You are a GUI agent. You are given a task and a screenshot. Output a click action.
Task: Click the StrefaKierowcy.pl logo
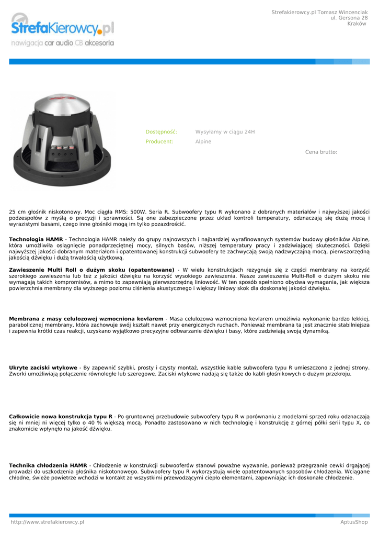(x=62, y=27)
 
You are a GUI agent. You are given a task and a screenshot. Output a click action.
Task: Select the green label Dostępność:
(x=161, y=132)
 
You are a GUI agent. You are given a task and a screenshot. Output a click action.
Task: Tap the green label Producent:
(x=159, y=141)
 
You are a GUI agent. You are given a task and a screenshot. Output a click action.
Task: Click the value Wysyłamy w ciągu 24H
(x=225, y=132)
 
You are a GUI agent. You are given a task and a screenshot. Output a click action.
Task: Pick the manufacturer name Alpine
(x=203, y=141)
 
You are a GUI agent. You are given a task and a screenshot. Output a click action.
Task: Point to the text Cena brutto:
(x=321, y=152)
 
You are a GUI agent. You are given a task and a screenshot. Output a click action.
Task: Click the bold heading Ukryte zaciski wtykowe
(x=43, y=367)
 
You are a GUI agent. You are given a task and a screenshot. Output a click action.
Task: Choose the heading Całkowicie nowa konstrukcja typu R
(x=61, y=416)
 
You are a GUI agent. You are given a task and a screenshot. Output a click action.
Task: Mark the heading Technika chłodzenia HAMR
(x=48, y=465)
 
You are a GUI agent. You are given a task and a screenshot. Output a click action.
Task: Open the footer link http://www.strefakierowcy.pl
(x=48, y=522)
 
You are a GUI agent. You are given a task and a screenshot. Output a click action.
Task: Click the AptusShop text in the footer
(x=353, y=522)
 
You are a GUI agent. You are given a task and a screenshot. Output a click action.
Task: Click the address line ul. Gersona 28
(x=349, y=18)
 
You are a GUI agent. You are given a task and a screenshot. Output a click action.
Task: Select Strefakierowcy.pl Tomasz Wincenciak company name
(x=319, y=12)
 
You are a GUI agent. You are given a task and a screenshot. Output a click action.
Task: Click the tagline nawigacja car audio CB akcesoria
(x=62, y=43)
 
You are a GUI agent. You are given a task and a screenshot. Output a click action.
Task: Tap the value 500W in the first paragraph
(x=139, y=212)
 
